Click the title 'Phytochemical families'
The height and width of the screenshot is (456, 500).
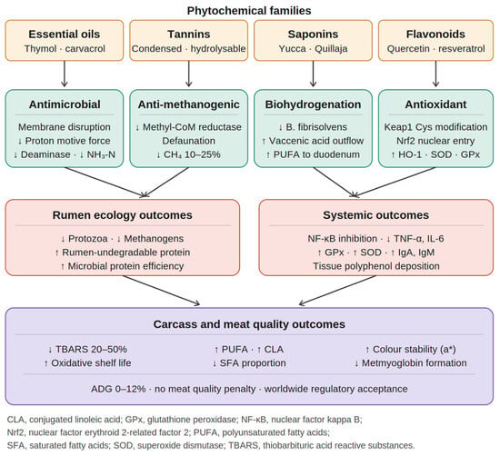pyautogui.click(x=249, y=11)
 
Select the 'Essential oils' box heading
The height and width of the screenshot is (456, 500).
pyautogui.click(x=65, y=35)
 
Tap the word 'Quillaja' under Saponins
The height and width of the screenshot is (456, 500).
pyautogui.click(x=331, y=49)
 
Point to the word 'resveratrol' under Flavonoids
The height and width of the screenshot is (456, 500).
pyautogui.click(x=462, y=49)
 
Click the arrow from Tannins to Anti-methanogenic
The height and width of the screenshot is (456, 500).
pyautogui.click(x=189, y=74)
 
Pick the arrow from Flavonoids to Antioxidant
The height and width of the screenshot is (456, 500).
pyautogui.click(x=435, y=74)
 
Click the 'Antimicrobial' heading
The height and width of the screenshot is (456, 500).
pyautogui.click(x=65, y=104)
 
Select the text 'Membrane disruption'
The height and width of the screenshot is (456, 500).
pyautogui.click(x=65, y=127)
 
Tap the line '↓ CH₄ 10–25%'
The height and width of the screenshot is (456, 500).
pyautogui.click(x=188, y=154)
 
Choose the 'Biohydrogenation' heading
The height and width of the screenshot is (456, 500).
pyautogui.click(x=313, y=104)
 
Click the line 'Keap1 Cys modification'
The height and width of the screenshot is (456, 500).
pyautogui.click(x=435, y=127)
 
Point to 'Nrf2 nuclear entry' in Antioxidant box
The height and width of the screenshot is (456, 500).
pyautogui.click(x=435, y=141)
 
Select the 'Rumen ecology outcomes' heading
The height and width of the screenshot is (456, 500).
pyautogui.click(x=123, y=215)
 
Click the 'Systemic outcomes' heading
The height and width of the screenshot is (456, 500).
pyautogui.click(x=376, y=215)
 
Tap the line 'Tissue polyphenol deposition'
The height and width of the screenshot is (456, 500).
pyautogui.click(x=376, y=266)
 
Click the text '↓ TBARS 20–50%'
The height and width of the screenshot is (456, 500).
pyautogui.click(x=87, y=349)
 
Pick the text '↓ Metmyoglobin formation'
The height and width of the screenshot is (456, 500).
pyautogui.click(x=411, y=363)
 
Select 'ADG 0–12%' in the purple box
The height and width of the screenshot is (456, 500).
pyautogui.click(x=118, y=389)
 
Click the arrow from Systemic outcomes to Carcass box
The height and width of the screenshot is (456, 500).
pyautogui.click(x=337, y=291)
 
